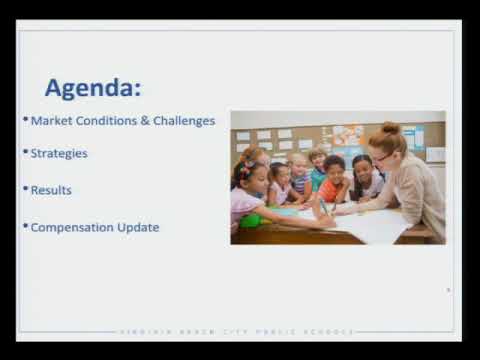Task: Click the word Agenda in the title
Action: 88,87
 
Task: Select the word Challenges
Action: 184,121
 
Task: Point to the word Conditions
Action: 107,121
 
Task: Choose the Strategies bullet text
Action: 59,154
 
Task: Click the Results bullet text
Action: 51,190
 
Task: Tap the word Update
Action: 139,227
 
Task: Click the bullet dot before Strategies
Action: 25,152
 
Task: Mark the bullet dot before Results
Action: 25,188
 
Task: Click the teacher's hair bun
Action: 391,129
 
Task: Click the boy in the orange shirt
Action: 333,179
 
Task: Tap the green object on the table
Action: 252,220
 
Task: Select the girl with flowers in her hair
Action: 248,189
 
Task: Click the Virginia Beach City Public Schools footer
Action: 239,331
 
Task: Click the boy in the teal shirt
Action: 317,171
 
